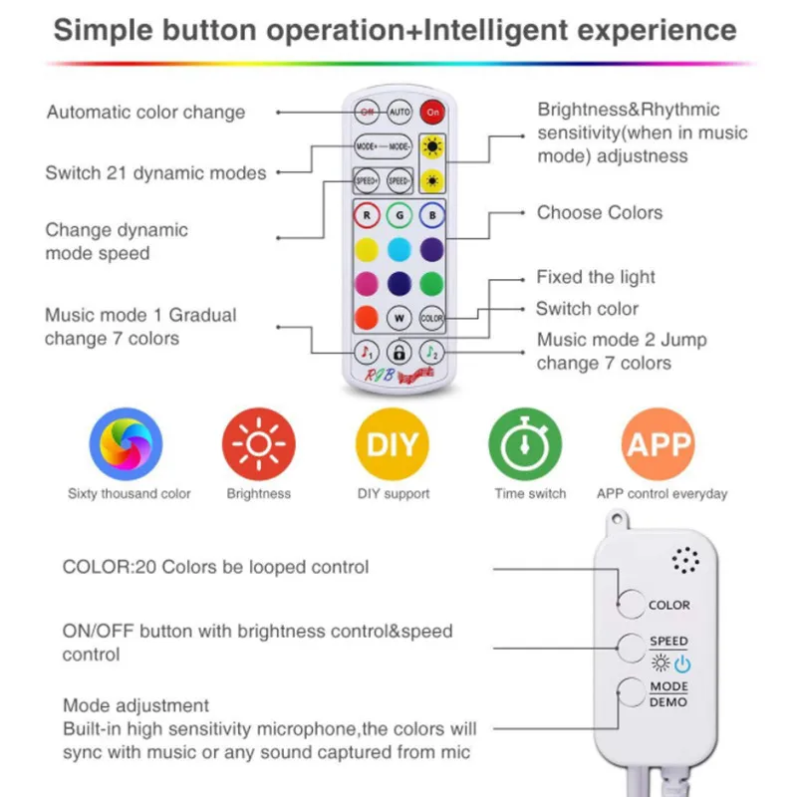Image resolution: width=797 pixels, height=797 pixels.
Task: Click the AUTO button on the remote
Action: pyautogui.click(x=399, y=112)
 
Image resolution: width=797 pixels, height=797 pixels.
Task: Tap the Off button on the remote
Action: pyautogui.click(x=367, y=112)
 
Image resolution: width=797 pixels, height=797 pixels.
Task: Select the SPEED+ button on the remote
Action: pyautogui.click(x=368, y=181)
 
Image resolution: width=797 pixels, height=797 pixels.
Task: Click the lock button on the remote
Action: pyautogui.click(x=399, y=352)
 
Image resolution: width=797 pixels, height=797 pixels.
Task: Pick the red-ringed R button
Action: pyautogui.click(x=367, y=213)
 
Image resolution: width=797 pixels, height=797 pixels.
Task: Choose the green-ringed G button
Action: pyautogui.click(x=398, y=213)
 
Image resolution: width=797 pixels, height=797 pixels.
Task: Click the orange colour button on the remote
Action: pyautogui.click(x=367, y=318)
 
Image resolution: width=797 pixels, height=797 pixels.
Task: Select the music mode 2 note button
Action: pyautogui.click(x=431, y=352)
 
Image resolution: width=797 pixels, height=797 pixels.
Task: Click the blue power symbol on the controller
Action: pyautogui.click(x=681, y=664)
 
